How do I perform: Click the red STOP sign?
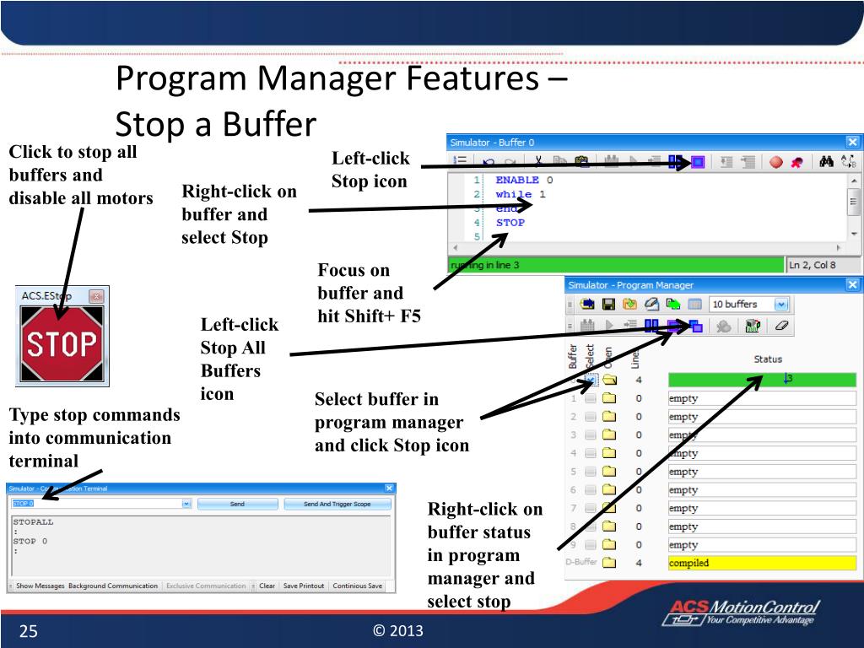[x=62, y=344]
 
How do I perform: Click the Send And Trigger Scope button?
[x=337, y=504]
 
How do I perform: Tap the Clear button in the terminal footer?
[x=267, y=586]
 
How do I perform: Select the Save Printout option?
[x=303, y=586]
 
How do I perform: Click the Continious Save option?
[x=357, y=586]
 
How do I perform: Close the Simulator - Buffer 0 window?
[x=852, y=143]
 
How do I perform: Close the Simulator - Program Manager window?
[x=852, y=285]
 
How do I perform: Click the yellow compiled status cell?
[x=761, y=563]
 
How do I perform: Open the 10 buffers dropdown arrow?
[x=781, y=305]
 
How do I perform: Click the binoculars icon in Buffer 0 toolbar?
[x=827, y=162]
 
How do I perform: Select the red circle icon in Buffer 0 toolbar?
[x=775, y=162]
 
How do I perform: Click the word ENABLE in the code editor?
[x=517, y=180]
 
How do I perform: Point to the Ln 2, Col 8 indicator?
[x=812, y=265]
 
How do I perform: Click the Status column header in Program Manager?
[x=768, y=359]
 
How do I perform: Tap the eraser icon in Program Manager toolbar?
[x=780, y=326]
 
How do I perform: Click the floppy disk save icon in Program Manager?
[x=607, y=305]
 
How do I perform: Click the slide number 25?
[x=29, y=631]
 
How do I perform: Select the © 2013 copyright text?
[x=397, y=631]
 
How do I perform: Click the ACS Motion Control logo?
[x=743, y=613]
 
